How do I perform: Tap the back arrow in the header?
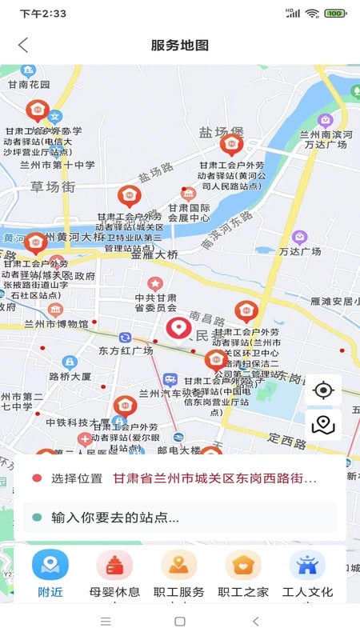pos(23,45)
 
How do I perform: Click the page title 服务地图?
pos(180,45)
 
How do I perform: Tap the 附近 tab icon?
pos(50,565)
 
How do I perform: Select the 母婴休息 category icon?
pos(114,565)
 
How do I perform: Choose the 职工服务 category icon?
pos(178,565)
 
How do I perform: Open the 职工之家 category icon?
pos(242,565)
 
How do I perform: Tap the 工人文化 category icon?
pos(306,565)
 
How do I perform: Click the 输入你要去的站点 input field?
pos(180,517)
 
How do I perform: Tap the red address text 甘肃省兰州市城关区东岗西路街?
pos(214,478)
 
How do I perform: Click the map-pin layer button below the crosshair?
pos(323,425)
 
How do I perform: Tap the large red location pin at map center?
pos(178,328)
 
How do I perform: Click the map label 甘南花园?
pos(29,85)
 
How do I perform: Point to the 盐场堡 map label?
pos(221,132)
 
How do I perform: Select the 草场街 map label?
pos(53,186)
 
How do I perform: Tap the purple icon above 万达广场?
pos(299,237)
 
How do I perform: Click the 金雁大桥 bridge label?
pos(154,254)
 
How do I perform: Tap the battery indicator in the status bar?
pos(335,13)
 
